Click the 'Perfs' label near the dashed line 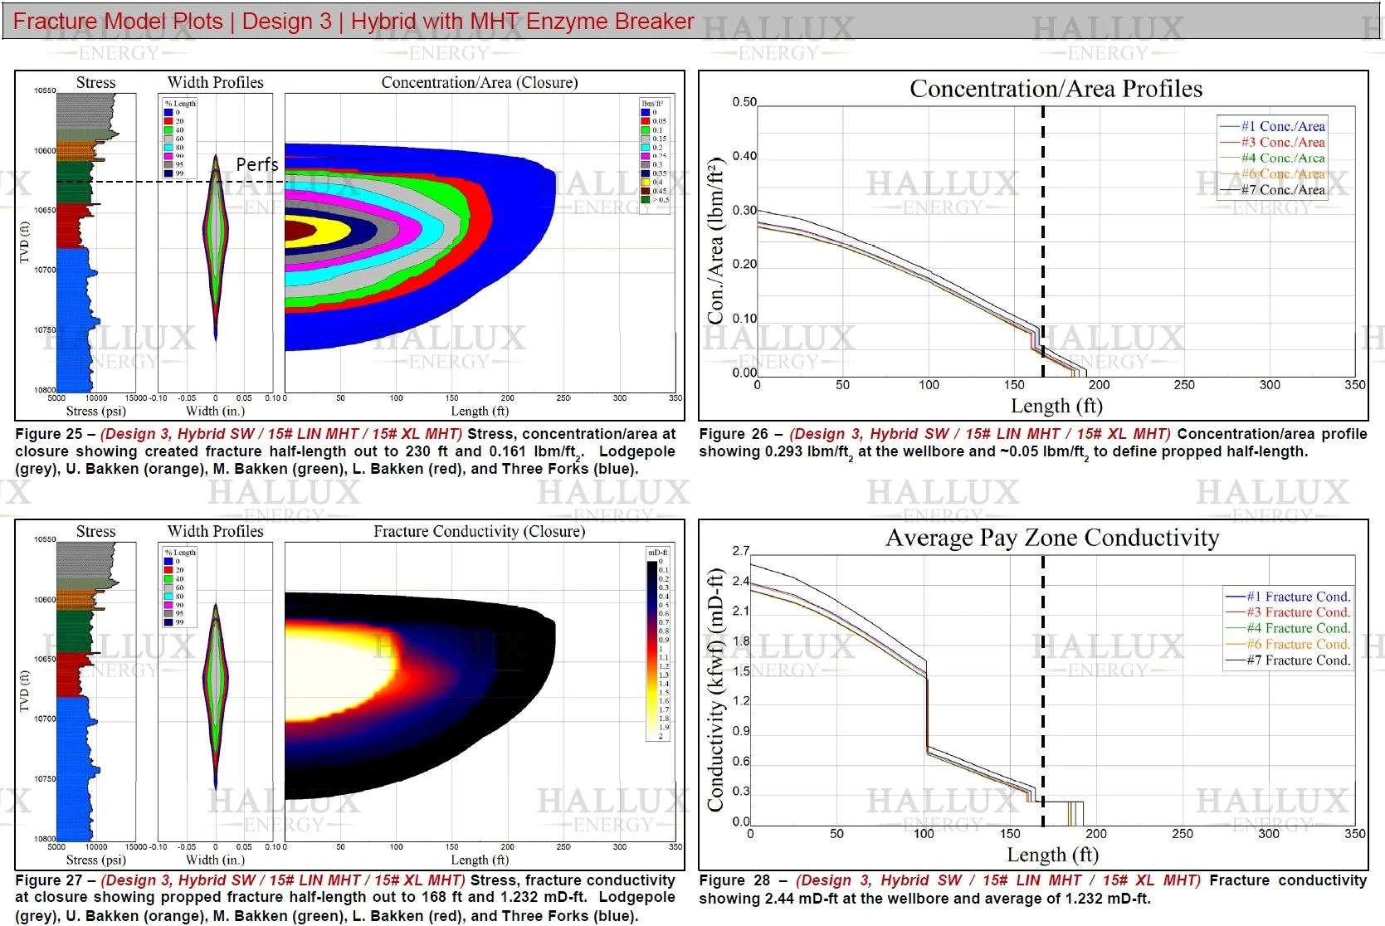(257, 164)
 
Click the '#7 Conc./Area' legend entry (1283, 190)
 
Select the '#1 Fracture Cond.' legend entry (1298, 597)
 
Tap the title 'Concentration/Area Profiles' (1056, 89)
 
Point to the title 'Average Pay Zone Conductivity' (1052, 539)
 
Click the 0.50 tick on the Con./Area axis (744, 102)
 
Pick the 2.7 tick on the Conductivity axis (741, 551)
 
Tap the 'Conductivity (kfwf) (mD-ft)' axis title (715, 690)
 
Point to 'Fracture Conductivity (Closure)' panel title (479, 531)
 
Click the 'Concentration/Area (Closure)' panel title (480, 82)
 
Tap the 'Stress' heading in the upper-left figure (95, 82)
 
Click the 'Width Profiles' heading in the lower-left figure (215, 531)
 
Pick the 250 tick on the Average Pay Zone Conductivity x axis (1183, 834)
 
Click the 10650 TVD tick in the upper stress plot (45, 210)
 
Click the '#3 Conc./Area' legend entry (1283, 142)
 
